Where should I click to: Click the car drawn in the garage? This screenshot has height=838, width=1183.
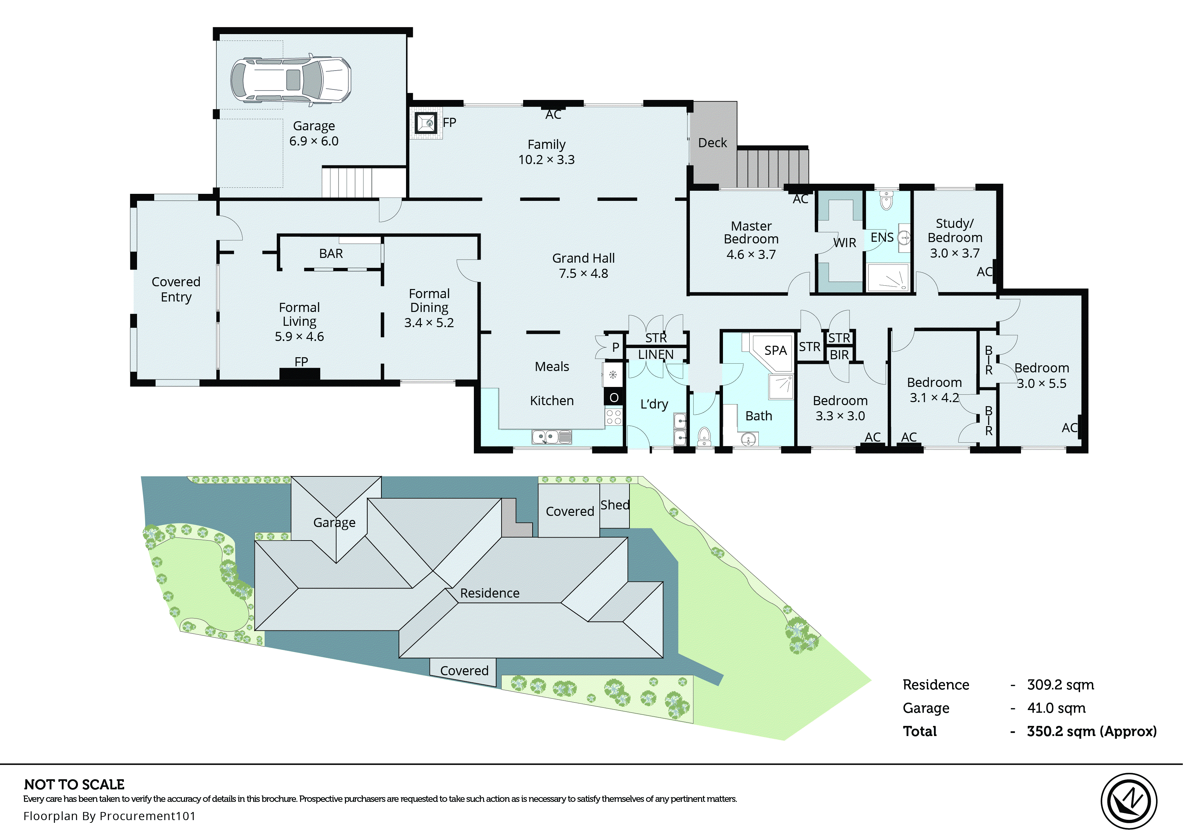(x=290, y=80)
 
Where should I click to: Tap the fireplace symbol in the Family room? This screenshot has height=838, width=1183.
(x=427, y=123)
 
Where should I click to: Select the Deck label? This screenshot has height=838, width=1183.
(x=712, y=143)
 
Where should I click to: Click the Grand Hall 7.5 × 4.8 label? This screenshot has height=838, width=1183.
(x=583, y=266)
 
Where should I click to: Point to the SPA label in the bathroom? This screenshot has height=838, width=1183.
(x=775, y=351)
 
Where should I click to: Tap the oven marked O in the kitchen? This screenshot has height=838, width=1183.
(x=614, y=397)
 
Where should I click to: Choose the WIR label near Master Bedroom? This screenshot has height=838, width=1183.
(x=844, y=242)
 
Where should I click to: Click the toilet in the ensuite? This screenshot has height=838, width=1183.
(x=886, y=201)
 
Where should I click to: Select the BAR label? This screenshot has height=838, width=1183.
(x=330, y=253)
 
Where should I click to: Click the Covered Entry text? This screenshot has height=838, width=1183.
(x=176, y=289)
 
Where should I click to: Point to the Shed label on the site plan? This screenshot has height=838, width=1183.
(x=615, y=505)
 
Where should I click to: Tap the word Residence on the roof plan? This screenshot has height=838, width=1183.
(x=489, y=594)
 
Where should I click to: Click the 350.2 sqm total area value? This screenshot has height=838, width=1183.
(x=1091, y=731)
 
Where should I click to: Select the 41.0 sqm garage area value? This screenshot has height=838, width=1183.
(x=1056, y=708)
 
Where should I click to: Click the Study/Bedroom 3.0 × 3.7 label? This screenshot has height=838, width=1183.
(x=955, y=238)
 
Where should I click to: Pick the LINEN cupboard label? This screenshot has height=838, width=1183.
(x=655, y=355)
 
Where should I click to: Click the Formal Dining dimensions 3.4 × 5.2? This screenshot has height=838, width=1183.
(x=429, y=323)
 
